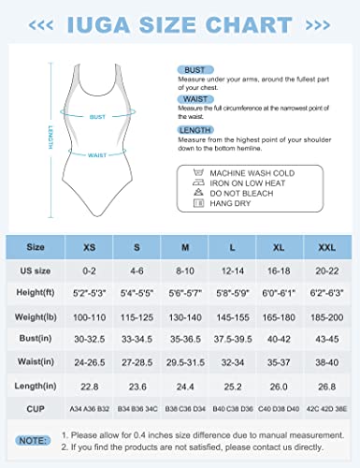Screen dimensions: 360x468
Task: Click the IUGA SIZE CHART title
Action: pyautogui.click(x=180, y=21)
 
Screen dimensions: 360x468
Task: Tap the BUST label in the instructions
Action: pyautogui.click(x=190, y=69)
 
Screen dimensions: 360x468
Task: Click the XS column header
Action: pyautogui.click(x=90, y=247)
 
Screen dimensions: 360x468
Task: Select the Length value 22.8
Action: pyautogui.click(x=90, y=384)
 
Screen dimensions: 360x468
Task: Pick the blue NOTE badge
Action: pyautogui.click(x=35, y=438)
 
